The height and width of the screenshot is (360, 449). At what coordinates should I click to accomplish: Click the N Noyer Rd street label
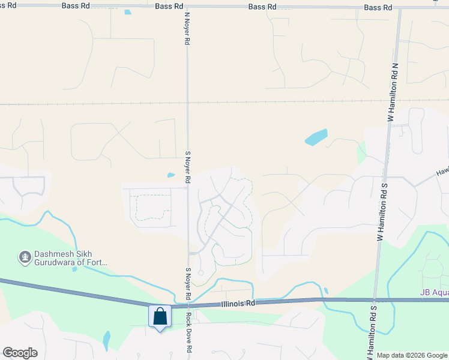pyautogui.click(x=187, y=30)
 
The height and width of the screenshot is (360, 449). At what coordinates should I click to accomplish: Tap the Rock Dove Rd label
pyautogui.click(x=188, y=332)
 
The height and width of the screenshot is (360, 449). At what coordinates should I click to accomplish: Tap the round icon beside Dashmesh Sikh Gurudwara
pyautogui.click(x=25, y=257)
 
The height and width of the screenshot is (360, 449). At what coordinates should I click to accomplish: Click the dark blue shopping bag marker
pyautogui.click(x=160, y=316)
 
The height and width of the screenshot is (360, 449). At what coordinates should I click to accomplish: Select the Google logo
pyautogui.click(x=20, y=353)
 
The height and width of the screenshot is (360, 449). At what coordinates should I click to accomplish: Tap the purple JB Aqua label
pyautogui.click(x=433, y=293)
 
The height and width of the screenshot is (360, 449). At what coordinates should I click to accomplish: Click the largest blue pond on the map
pyautogui.click(x=316, y=137)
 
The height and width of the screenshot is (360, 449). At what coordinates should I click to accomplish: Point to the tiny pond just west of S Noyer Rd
pyautogui.click(x=171, y=175)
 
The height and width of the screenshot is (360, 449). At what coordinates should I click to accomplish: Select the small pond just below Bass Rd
pyautogui.click(x=127, y=12)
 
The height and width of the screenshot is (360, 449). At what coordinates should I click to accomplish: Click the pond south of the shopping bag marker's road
pyautogui.click(x=107, y=341)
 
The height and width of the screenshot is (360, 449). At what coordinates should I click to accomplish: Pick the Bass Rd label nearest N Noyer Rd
pyautogui.click(x=169, y=6)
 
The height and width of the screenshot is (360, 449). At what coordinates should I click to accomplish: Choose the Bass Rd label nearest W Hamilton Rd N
pyautogui.click(x=378, y=7)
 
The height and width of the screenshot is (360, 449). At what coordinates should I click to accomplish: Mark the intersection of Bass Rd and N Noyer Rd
pyautogui.click(x=187, y=7)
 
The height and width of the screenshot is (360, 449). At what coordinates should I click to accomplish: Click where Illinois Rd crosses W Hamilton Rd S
pyautogui.click(x=373, y=299)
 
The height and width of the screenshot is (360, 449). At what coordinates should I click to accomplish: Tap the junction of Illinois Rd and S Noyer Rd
pyautogui.click(x=188, y=305)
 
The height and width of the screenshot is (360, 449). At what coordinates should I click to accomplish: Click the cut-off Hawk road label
pyautogui.click(x=441, y=173)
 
